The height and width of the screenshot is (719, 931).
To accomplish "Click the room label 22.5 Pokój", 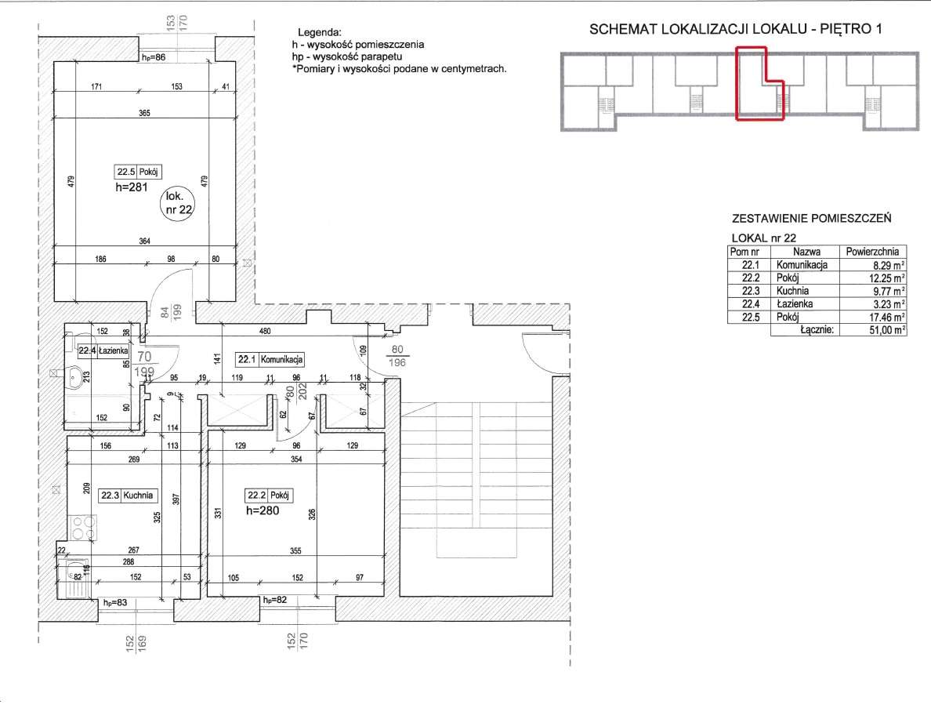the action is coord(138,172).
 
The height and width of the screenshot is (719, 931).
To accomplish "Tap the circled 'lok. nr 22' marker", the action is coord(178,203).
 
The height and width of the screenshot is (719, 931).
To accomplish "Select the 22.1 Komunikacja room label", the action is coord(270,359).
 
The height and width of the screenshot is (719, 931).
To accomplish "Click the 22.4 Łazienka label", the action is coord(103,350).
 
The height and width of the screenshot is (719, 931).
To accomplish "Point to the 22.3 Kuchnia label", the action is coord(128,495).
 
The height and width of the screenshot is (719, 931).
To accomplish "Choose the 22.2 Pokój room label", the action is coord(268,495).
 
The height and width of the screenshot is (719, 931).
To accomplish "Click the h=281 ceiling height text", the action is coord(131,187).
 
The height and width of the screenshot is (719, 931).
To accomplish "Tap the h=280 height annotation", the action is coord(263,510).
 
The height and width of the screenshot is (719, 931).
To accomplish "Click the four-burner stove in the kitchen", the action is coord(82,527).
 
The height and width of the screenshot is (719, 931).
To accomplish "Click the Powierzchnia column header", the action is coord(872,252).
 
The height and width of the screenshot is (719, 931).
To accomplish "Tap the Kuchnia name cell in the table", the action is coord(792,291).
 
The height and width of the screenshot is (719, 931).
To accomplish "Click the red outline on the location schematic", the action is coord(736,83).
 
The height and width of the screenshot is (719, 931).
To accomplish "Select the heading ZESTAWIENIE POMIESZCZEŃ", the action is coord(812,218).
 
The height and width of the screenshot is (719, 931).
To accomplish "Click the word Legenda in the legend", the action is coord(320,33).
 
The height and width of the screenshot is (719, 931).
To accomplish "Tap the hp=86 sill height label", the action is coord(153,58).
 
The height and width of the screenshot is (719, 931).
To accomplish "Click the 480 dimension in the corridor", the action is coord(265,331).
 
